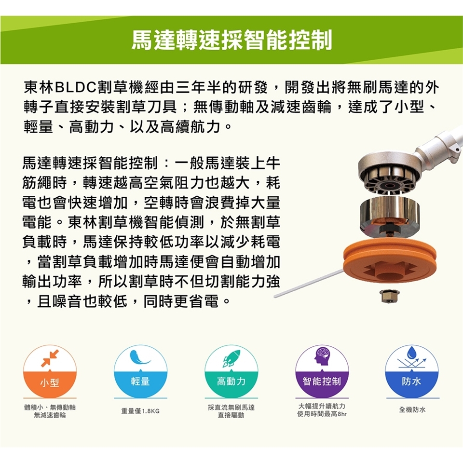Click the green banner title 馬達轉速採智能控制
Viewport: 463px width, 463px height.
(232, 40)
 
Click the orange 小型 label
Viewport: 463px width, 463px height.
(50, 383)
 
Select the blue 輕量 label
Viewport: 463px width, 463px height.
(140, 381)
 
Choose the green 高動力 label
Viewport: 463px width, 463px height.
(231, 381)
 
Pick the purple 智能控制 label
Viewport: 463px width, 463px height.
(322, 381)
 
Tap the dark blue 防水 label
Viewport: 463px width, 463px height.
(411, 381)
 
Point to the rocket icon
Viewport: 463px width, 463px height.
(231, 358)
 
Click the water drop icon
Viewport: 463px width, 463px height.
(411, 353)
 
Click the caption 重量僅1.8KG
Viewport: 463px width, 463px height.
(140, 411)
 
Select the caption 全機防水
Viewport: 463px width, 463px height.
(412, 409)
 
